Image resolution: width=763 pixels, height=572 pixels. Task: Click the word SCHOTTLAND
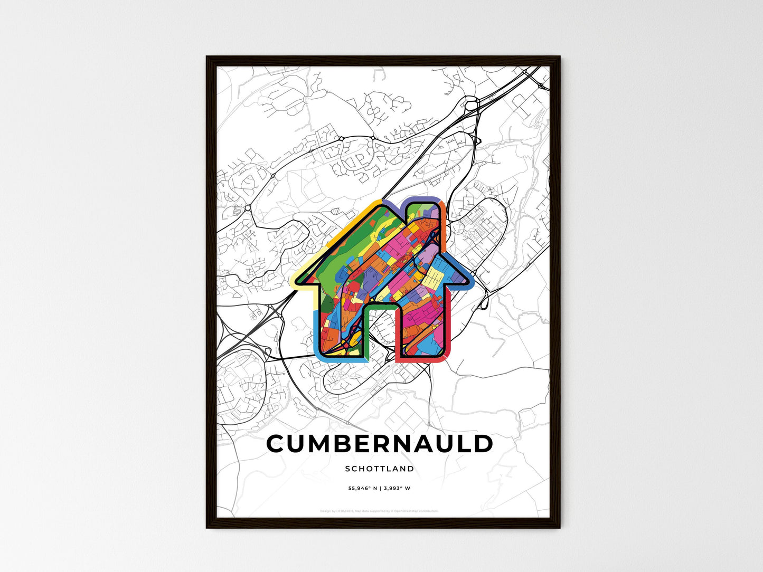380,469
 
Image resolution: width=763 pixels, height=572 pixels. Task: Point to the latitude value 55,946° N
362,488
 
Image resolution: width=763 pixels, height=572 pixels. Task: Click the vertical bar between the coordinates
380,488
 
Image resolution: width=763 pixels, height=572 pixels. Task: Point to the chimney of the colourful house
422,222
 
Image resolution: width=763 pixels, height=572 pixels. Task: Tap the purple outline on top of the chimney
422,199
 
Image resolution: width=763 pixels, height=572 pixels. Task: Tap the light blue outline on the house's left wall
316,327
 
